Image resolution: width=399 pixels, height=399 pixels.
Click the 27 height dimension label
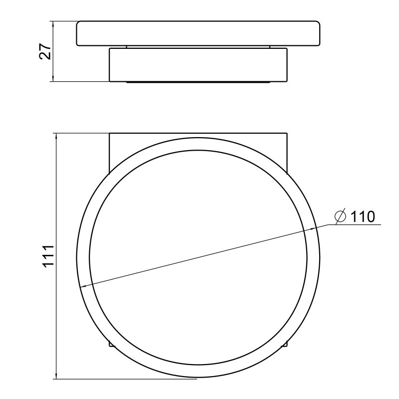(x=45, y=52)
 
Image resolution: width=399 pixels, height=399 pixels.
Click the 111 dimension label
(x=48, y=256)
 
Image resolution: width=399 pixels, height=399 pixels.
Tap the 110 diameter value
(x=363, y=217)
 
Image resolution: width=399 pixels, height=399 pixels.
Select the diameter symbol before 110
(x=341, y=216)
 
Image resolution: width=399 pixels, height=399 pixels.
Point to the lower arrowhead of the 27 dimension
(x=53, y=78)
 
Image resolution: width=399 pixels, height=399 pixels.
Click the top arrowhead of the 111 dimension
(x=56, y=137)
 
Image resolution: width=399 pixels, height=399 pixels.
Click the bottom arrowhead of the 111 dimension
(x=56, y=376)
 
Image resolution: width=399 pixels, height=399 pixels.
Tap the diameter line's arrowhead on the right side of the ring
(x=312, y=229)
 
